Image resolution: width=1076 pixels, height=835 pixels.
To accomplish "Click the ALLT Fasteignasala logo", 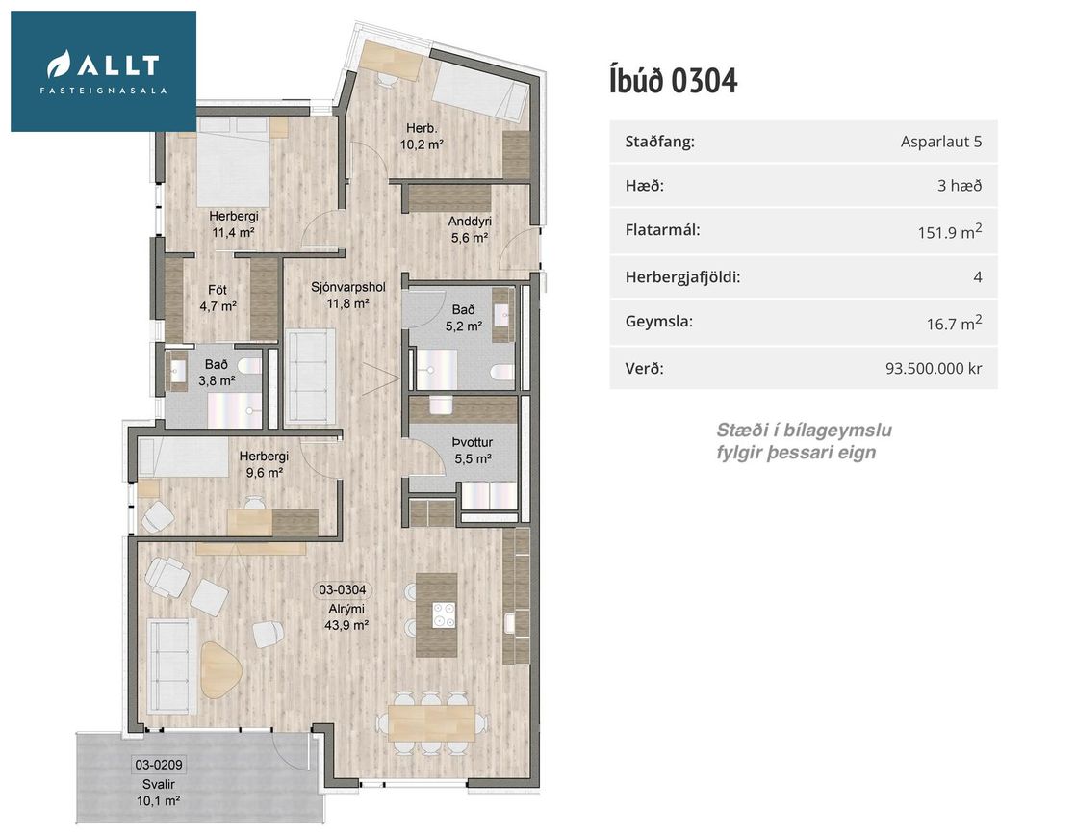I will (x=104, y=70).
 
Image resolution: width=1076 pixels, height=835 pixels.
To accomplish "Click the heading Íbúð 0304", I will (x=673, y=81).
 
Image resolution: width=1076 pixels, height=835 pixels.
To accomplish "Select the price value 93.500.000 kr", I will (x=933, y=368).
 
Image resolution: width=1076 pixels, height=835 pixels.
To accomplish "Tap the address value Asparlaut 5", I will (x=940, y=143).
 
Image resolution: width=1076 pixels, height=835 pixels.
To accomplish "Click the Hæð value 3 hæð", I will (x=959, y=186).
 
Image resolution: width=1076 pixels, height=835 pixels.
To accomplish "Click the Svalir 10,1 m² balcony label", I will (x=159, y=791).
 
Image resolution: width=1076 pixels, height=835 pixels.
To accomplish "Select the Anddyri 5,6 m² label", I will (x=469, y=229).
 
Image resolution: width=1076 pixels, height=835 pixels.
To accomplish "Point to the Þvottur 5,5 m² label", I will (x=472, y=451).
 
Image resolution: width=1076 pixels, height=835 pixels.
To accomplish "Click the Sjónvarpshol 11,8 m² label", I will (x=347, y=295).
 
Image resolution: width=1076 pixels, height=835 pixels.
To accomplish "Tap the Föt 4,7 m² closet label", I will (x=218, y=298).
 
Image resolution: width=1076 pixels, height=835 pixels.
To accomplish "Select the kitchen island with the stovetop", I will (x=436, y=614).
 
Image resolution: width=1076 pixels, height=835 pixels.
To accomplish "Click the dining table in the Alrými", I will (x=430, y=720).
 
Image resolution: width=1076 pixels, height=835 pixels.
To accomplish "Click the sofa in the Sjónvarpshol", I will (x=311, y=375).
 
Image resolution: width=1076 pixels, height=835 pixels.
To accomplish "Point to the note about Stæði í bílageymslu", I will (x=796, y=441).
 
